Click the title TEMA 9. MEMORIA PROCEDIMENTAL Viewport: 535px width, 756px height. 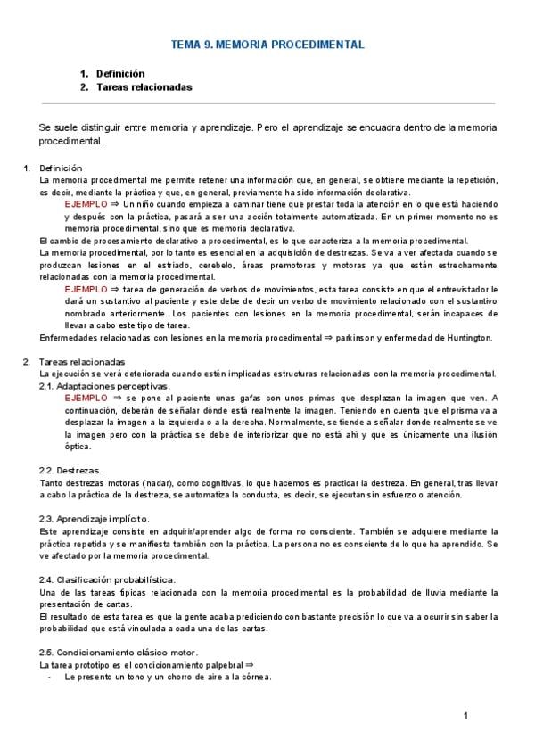pyautogui.click(x=267, y=44)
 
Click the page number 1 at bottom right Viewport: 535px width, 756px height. pyautogui.click(x=465, y=717)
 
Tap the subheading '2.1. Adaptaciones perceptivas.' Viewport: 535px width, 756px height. pyautogui.click(x=104, y=386)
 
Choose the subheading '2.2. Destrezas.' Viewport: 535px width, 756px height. pyautogui.click(x=70, y=470)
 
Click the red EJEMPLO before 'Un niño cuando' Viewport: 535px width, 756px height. pyautogui.click(x=86, y=204)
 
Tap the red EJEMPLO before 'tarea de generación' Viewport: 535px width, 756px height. pyautogui.click(x=86, y=290)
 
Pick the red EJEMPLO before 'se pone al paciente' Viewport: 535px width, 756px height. pyautogui.click(x=86, y=398)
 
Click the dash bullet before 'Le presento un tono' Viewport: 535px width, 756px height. pyautogui.click(x=48, y=677)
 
